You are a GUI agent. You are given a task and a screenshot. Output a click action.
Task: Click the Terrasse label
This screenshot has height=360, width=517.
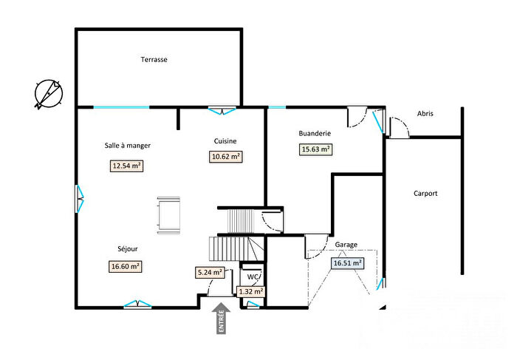154,60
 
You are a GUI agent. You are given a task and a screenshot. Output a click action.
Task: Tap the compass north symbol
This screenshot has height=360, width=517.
49,94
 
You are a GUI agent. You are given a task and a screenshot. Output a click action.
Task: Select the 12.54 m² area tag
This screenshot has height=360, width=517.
126,166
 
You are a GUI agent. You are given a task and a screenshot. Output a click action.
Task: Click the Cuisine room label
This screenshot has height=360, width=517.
225,140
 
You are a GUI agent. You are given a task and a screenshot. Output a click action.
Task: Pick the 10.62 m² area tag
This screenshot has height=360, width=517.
226,156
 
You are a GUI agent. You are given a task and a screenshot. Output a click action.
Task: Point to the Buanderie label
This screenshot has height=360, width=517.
315,134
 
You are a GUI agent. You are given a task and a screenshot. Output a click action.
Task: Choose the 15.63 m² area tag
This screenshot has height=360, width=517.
315,149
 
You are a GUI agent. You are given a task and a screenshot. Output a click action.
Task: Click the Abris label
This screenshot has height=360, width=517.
425,114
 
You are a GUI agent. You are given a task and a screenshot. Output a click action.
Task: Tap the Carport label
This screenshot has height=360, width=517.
425,194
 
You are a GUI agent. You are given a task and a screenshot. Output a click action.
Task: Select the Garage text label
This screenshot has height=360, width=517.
346,244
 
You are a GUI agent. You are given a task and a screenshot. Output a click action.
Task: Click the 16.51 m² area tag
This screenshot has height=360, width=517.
347,262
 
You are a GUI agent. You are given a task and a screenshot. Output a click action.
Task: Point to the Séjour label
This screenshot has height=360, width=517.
127,249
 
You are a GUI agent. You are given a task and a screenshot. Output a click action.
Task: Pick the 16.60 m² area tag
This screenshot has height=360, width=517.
126,266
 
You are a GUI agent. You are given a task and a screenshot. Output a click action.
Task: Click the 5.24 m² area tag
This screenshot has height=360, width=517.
209,272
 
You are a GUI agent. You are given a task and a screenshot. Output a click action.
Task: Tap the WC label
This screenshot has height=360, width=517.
253,277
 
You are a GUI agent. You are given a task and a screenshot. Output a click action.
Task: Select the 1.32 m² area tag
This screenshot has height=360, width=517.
251,291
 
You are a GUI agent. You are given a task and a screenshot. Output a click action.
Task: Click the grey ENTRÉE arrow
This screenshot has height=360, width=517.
221,319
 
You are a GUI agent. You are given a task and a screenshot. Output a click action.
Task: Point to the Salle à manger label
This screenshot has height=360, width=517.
127,146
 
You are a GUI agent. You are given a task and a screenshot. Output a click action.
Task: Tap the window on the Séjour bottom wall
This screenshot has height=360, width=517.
134,305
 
